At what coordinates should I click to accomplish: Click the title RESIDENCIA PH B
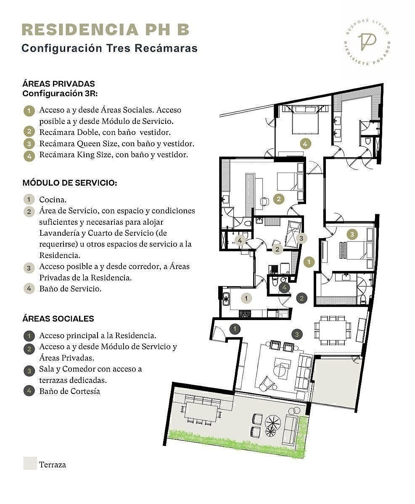(106, 30)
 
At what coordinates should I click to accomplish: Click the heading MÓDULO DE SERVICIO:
(70, 183)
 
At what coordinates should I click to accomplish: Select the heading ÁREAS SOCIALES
(58, 318)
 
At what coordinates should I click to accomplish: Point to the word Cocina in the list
(53, 199)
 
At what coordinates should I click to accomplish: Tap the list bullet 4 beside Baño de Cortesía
(29, 391)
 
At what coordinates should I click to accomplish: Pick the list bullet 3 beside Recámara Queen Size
(29, 144)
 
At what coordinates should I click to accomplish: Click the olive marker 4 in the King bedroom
(305, 144)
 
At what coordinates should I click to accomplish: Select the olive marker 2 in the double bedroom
(279, 199)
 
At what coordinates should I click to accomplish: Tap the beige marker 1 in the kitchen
(246, 298)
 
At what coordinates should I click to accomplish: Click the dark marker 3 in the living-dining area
(297, 334)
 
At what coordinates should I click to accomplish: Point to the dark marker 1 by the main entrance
(235, 329)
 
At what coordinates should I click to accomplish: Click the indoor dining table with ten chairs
(333, 330)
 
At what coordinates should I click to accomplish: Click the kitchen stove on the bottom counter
(245, 314)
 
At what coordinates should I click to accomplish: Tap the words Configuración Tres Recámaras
(110, 48)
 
